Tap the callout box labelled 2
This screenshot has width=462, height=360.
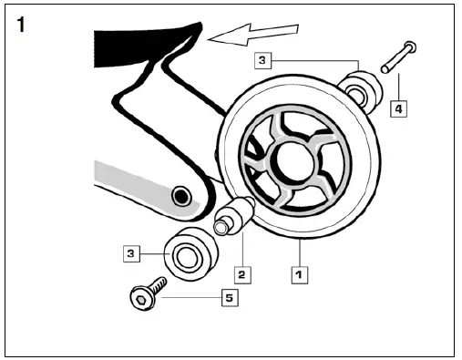point(241,273)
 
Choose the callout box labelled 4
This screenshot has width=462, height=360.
point(397,109)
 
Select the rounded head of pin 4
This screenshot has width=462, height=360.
point(409,46)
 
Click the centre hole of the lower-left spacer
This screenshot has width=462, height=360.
point(186,259)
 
